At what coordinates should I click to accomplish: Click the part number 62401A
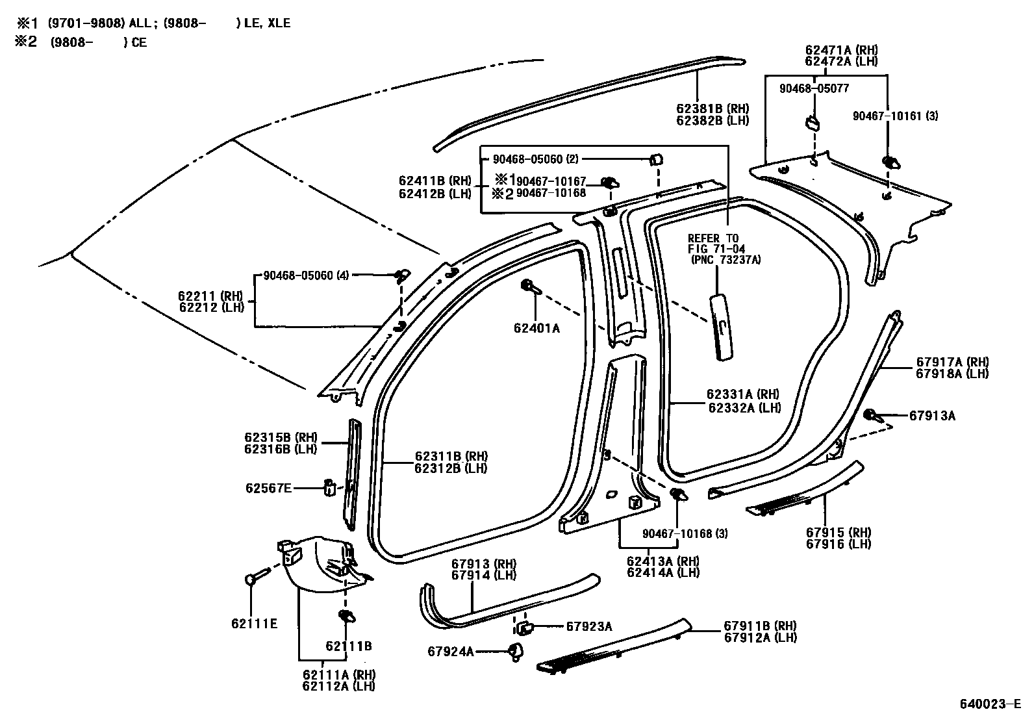pyautogui.click(x=536, y=328)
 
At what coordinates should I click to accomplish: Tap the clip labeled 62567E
pyautogui.click(x=329, y=487)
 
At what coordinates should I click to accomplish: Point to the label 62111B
pyautogui.click(x=348, y=646)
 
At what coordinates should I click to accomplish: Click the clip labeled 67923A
pyautogui.click(x=524, y=627)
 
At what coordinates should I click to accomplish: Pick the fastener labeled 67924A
pyautogui.click(x=515, y=650)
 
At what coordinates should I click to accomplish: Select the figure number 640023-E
pyautogui.click(x=990, y=704)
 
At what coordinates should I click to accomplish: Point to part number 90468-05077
pyautogui.click(x=814, y=88)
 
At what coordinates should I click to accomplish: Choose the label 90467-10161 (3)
pyautogui.click(x=895, y=116)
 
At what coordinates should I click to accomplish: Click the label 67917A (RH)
pyautogui.click(x=952, y=363)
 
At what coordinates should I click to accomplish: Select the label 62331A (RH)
pyautogui.click(x=743, y=394)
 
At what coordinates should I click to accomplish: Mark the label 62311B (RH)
pyautogui.click(x=451, y=457)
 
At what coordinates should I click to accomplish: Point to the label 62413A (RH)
pyautogui.click(x=662, y=561)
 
